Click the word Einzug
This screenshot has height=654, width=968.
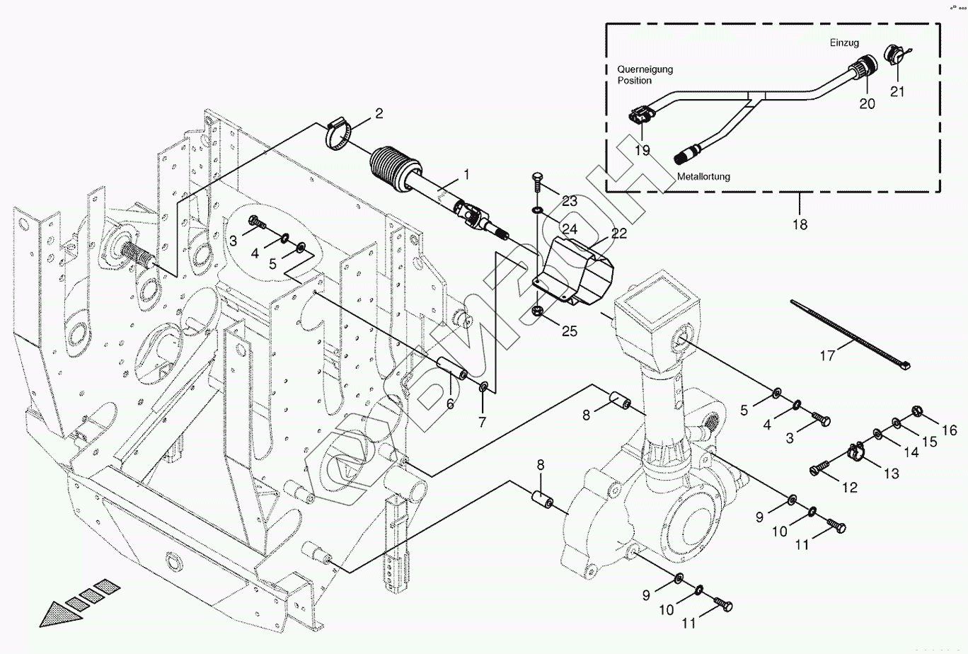[x=844, y=42]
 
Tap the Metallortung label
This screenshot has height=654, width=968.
[x=703, y=176]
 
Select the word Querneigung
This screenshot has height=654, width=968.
[x=645, y=69]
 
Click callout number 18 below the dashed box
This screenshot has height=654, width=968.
[x=800, y=225]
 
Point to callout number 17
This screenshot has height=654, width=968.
[x=828, y=356]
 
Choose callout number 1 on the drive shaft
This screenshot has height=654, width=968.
[x=466, y=175]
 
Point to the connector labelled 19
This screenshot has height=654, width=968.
[x=639, y=118]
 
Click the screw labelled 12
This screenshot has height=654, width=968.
[x=820, y=468]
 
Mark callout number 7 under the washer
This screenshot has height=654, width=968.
[x=482, y=422]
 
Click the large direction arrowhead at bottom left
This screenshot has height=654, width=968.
[x=61, y=614]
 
